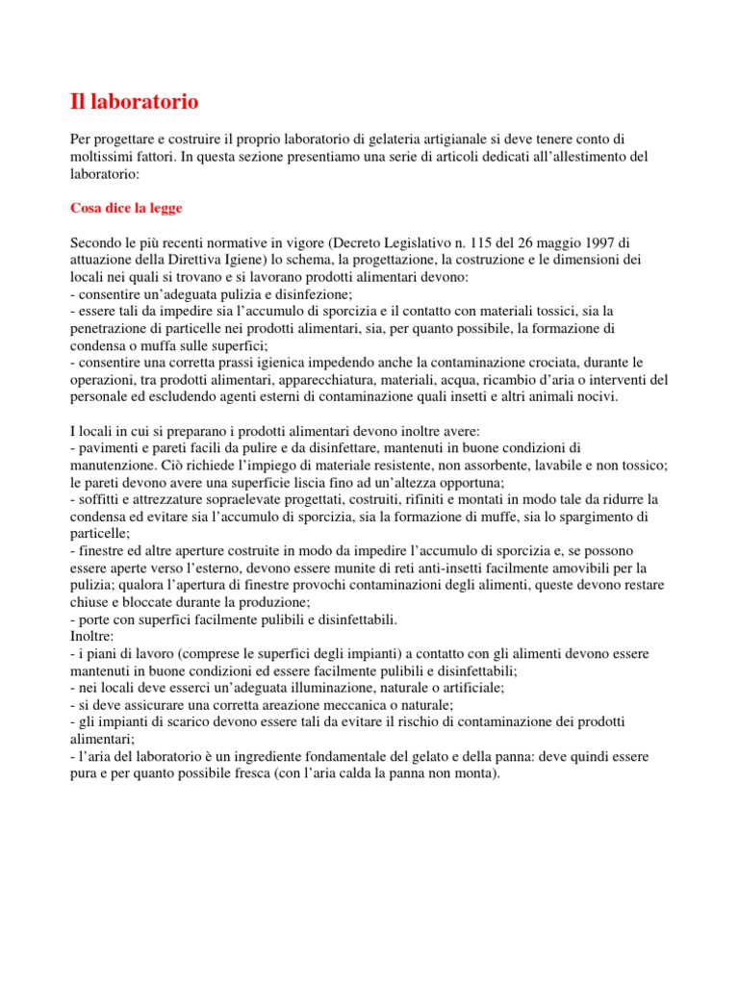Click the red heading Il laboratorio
[x=135, y=101]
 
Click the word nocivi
[x=596, y=398]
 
